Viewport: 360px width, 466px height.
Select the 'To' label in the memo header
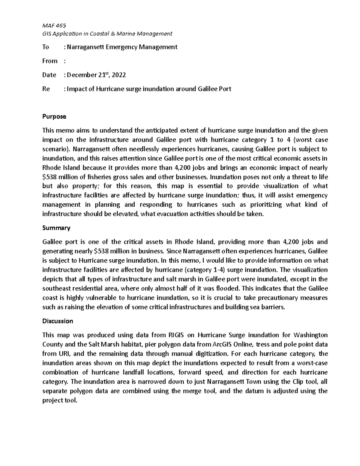click(x=46, y=47)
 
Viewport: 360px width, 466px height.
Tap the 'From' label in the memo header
click(x=50, y=61)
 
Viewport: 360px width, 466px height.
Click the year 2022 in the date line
click(x=119, y=75)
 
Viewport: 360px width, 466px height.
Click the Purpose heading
click(x=54, y=116)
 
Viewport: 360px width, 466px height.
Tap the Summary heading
click(x=56, y=228)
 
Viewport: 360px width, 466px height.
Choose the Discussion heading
click(x=58, y=321)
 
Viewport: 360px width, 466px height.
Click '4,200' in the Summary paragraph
click(x=290, y=242)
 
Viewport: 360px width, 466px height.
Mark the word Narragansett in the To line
click(x=85, y=47)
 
